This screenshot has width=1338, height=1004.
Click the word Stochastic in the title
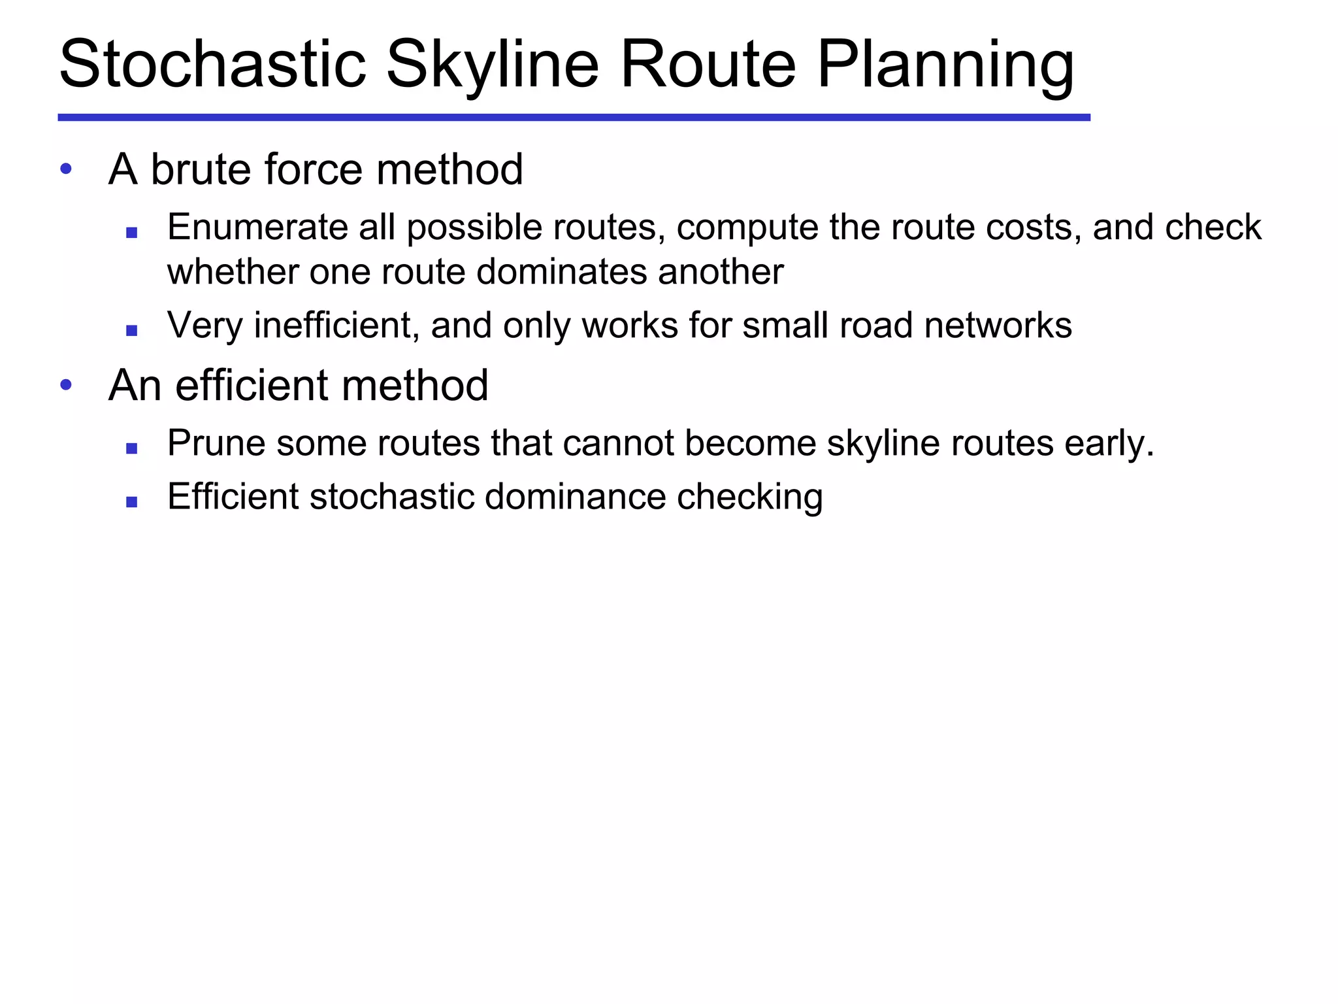(212, 65)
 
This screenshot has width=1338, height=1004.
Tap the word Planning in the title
(945, 65)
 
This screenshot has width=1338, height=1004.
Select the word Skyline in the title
(492, 65)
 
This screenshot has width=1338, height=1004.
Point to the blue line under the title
(574, 118)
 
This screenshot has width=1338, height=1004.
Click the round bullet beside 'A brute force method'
(65, 169)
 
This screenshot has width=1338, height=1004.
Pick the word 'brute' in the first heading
(201, 169)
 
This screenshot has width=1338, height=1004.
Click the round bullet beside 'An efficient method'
(65, 385)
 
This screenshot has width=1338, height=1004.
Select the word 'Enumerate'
(256, 227)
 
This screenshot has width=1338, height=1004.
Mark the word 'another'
(721, 272)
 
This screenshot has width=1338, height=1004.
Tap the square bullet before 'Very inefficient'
(132, 331)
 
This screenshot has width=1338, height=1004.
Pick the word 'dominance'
(575, 497)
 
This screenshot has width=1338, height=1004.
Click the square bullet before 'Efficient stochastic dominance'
(132, 502)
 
